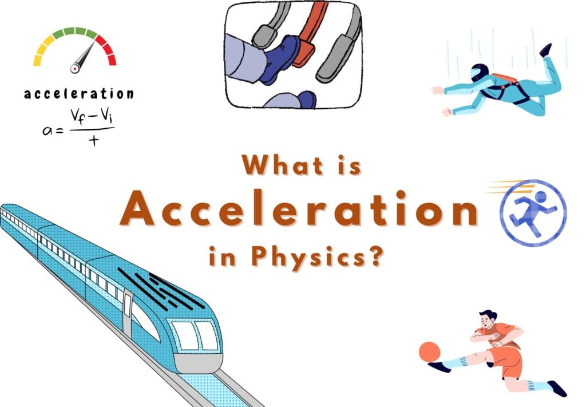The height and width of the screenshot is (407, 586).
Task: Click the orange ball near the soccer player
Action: pyautogui.click(x=430, y=351)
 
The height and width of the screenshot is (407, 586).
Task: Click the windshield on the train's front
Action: pyautogui.click(x=195, y=334)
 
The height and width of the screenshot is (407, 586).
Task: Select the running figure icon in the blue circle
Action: pyautogui.click(x=533, y=213)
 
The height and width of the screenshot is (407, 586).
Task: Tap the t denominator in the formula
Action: pyautogui.click(x=94, y=140)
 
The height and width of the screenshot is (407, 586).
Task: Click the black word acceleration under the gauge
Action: pyautogui.click(x=78, y=93)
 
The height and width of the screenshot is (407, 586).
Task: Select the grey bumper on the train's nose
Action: pyautogui.click(x=198, y=362)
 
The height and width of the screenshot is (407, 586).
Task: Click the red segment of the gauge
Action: pyautogui.click(x=107, y=50)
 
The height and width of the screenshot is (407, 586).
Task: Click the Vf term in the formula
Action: pyautogui.click(x=78, y=117)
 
